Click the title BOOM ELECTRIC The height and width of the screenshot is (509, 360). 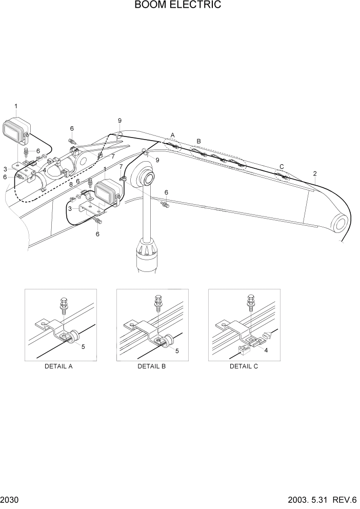[178, 5]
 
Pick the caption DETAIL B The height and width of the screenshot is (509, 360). [152, 366]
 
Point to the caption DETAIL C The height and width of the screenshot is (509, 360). [244, 366]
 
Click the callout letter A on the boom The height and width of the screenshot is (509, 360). [173, 135]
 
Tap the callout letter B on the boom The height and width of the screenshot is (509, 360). [199, 141]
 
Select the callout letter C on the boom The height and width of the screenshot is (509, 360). [281, 166]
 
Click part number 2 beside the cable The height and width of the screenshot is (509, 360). [314, 173]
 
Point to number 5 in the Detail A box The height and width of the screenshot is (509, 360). [83, 346]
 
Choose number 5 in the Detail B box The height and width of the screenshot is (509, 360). [177, 351]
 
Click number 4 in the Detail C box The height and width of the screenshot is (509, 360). [266, 349]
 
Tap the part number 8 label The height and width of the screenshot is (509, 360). [71, 185]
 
